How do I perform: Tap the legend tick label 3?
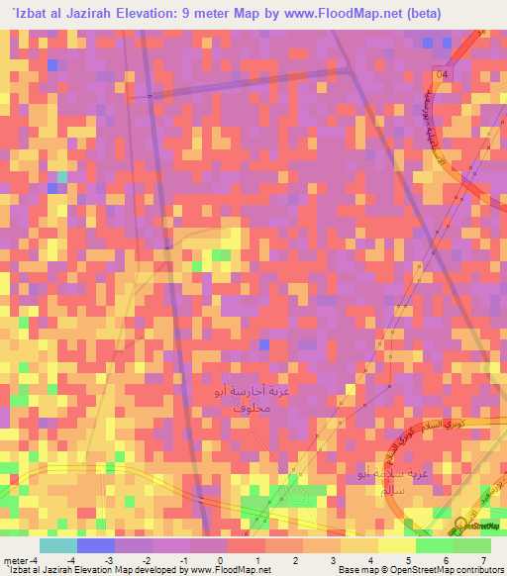pos(333,560)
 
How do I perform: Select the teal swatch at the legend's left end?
pos(58,545)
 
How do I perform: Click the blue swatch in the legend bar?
pos(96,545)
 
